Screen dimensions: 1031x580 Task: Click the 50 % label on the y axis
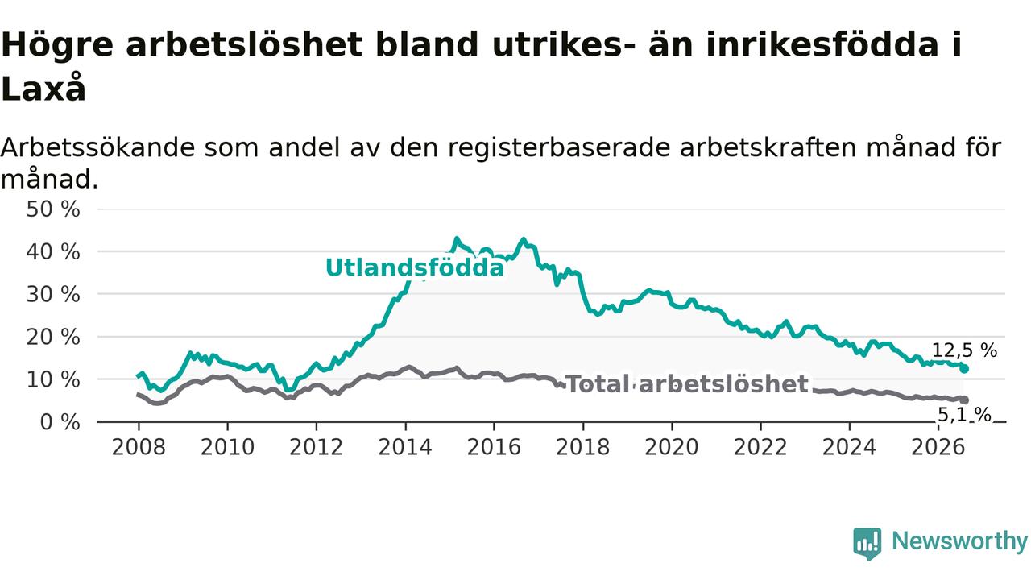(x=53, y=209)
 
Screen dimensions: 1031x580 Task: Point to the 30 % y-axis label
(x=53, y=295)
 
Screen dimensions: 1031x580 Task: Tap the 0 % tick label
(x=60, y=422)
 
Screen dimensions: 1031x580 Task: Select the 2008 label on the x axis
(x=139, y=447)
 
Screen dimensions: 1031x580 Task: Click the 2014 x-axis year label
(x=405, y=447)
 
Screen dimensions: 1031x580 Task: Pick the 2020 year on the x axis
(x=672, y=447)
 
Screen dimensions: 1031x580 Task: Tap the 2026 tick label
(x=938, y=447)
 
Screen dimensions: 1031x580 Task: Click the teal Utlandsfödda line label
(x=415, y=268)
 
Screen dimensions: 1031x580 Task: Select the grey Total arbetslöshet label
(x=686, y=384)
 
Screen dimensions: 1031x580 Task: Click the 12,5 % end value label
(x=965, y=350)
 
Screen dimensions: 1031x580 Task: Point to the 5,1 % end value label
(x=964, y=415)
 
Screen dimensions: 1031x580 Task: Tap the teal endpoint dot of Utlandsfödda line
(x=964, y=369)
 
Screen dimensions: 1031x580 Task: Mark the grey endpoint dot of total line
(x=964, y=400)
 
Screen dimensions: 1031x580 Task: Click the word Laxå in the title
(x=43, y=88)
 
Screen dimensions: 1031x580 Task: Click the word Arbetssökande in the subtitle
(x=97, y=147)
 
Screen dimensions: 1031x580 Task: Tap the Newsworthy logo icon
(x=867, y=544)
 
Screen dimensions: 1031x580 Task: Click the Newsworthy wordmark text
(x=959, y=541)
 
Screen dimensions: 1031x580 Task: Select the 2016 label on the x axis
(x=494, y=447)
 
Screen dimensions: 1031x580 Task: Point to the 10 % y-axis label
(x=53, y=379)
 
